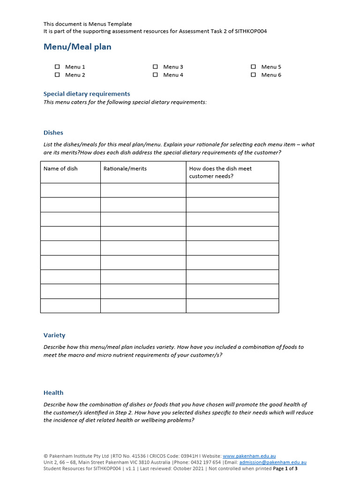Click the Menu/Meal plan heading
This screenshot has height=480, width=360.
click(x=77, y=47)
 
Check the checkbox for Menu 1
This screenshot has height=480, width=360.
click(x=57, y=67)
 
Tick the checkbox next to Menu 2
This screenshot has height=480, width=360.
click(x=57, y=75)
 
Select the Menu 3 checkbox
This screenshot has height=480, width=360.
click(x=155, y=67)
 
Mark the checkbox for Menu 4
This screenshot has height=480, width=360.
click(x=155, y=75)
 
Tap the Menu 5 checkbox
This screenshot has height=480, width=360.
click(x=253, y=67)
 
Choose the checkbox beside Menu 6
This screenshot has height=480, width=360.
click(x=253, y=75)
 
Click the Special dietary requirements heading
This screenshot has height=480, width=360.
click(x=87, y=94)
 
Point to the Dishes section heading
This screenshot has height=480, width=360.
click(x=53, y=133)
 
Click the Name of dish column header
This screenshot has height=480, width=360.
click(x=61, y=169)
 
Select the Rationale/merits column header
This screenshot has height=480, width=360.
click(x=125, y=169)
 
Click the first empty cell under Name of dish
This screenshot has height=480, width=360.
click(x=70, y=190)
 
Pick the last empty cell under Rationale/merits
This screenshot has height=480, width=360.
click(x=143, y=306)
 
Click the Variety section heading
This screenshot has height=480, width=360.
click(x=54, y=335)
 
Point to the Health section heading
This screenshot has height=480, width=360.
click(x=53, y=393)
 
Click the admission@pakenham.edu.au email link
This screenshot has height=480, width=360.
click(x=273, y=462)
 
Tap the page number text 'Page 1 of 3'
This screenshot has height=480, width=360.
click(x=285, y=468)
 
